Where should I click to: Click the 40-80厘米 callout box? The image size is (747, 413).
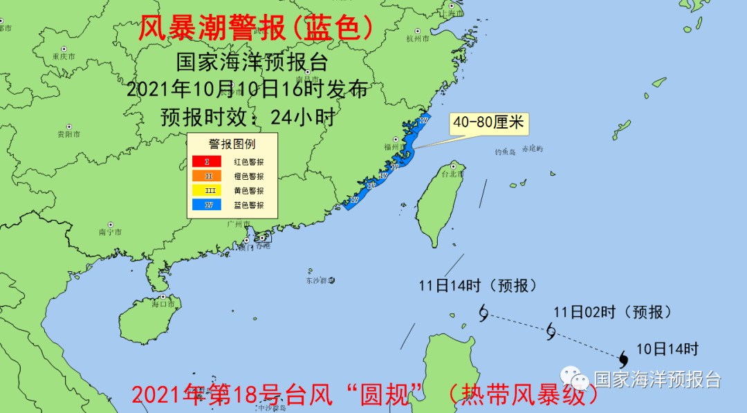tap(488, 124)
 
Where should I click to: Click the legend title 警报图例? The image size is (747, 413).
tap(232, 144)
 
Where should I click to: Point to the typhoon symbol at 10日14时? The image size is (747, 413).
tap(623, 358)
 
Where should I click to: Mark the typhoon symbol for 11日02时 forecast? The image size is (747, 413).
tap(551, 331)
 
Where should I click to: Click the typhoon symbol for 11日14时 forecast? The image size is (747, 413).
tap(483, 313)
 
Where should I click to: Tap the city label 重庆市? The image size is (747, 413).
tap(63, 56)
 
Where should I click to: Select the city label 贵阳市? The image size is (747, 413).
tap(68, 134)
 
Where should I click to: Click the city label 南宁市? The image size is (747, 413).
tap(111, 232)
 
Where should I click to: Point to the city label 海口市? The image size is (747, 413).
tap(164, 304)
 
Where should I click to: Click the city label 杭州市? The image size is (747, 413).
tap(418, 39)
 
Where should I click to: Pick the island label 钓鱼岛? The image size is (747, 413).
tap(505, 152)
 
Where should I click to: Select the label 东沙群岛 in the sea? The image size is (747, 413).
tap(320, 281)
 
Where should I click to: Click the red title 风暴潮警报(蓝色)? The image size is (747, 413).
tap(256, 29)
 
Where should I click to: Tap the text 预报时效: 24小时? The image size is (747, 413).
tap(248, 117)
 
